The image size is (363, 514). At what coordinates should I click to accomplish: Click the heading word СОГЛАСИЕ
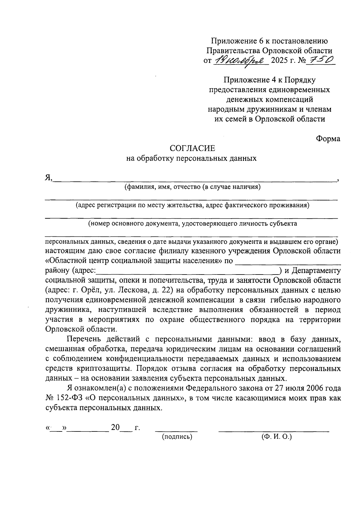192,148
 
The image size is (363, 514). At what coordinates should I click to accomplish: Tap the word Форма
328,138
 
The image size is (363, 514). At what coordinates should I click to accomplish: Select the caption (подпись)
177,437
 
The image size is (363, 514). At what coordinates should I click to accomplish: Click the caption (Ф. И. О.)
276,437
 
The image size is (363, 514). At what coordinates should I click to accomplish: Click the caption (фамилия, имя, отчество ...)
193,187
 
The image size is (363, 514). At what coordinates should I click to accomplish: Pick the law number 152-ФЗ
68,398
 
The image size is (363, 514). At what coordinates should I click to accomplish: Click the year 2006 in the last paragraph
316,388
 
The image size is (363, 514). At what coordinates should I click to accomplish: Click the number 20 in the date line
116,428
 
